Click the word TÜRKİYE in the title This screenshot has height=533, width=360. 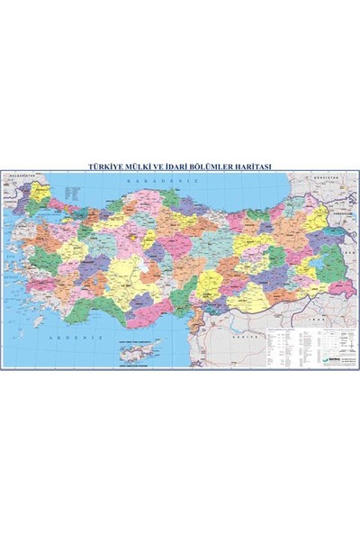[x=102, y=166]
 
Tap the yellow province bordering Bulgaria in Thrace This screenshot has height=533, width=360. [x=40, y=190]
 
